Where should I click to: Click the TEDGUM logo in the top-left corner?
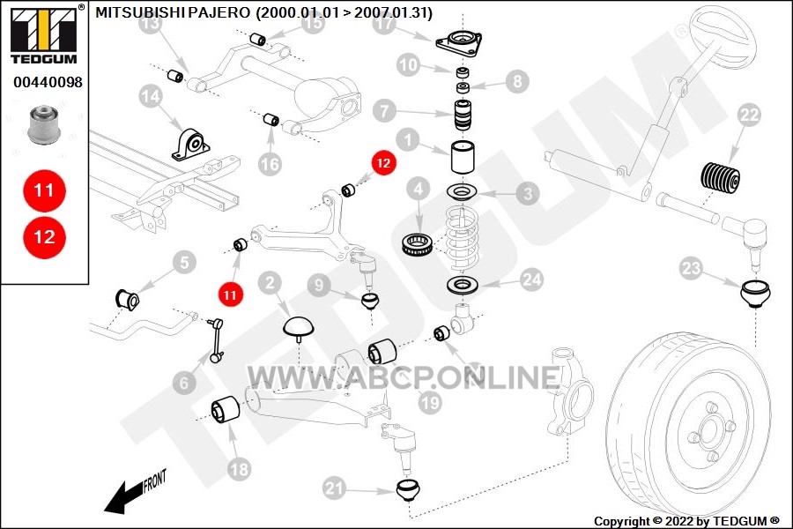[46, 34]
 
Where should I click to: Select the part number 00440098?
[48, 82]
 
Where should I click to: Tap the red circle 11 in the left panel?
[44, 190]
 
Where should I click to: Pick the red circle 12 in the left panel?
[44, 237]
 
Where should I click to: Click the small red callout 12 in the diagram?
[383, 163]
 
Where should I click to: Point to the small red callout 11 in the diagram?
[230, 295]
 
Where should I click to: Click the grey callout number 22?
[749, 115]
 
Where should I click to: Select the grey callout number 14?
[151, 97]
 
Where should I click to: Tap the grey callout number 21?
[334, 488]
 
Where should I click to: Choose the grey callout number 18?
[239, 469]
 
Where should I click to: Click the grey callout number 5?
[184, 262]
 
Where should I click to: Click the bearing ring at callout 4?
[416, 244]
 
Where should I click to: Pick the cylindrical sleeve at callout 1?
[463, 158]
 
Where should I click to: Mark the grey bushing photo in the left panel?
[45, 124]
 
